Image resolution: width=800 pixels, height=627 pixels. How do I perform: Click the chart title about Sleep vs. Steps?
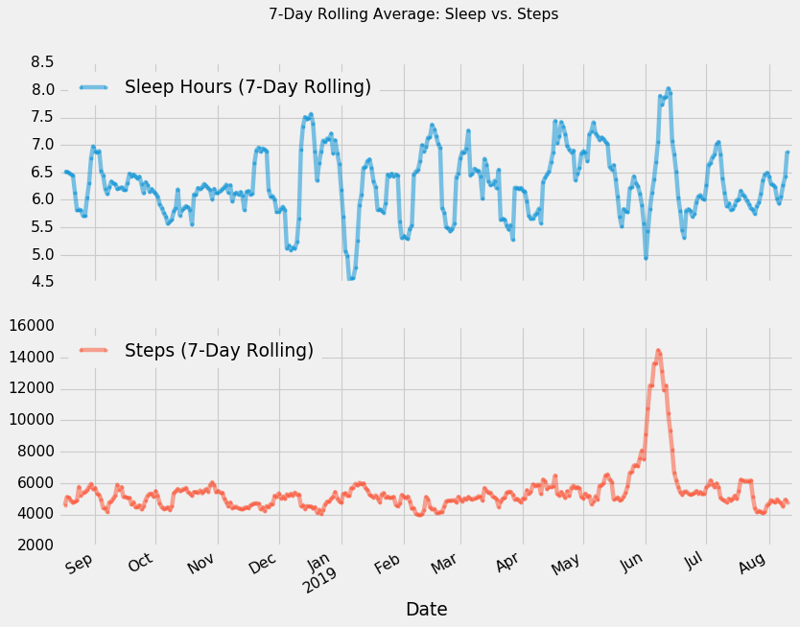click(x=413, y=14)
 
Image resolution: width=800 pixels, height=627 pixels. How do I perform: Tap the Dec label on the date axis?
click(x=264, y=565)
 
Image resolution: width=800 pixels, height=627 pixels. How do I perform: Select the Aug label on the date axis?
click(x=754, y=565)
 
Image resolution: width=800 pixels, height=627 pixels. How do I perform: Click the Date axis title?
click(x=426, y=609)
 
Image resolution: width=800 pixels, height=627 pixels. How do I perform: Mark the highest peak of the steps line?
click(x=658, y=351)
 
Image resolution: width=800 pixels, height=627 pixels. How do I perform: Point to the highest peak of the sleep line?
click(x=669, y=88)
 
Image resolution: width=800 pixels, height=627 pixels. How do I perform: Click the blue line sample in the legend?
click(x=94, y=87)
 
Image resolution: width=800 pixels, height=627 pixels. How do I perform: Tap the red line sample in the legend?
click(x=94, y=351)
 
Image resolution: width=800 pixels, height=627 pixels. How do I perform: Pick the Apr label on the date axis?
click(x=508, y=565)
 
